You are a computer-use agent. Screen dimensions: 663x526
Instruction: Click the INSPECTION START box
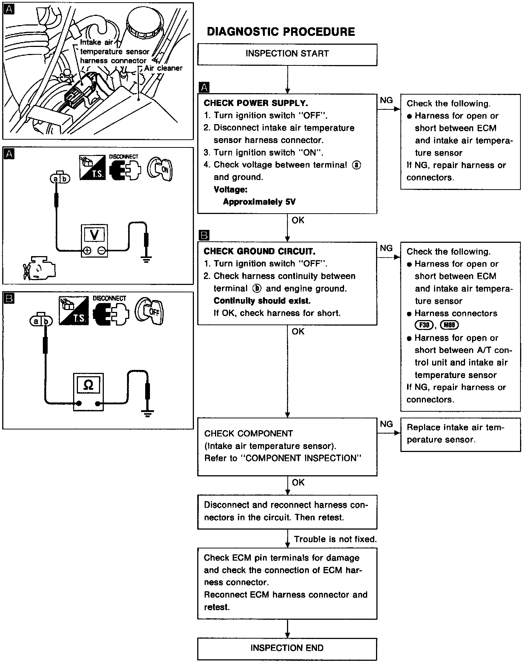(x=287, y=54)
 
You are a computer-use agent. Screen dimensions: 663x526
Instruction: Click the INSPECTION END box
(x=287, y=648)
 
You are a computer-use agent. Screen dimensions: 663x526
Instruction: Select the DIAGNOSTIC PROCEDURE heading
(x=281, y=32)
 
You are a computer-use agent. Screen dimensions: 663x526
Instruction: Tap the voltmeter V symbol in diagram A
(x=94, y=234)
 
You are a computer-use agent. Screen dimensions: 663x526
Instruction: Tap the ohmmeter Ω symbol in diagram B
(x=88, y=385)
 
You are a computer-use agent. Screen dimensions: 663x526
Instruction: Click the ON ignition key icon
(x=160, y=170)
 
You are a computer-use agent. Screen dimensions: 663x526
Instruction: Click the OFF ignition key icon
(x=149, y=311)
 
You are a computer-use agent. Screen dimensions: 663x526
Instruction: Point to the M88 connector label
(x=449, y=325)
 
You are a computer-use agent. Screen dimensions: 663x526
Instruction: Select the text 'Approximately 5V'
(x=259, y=202)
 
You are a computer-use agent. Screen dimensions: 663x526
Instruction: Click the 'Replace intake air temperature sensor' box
(x=460, y=434)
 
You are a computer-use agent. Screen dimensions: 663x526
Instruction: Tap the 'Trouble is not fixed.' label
(x=335, y=539)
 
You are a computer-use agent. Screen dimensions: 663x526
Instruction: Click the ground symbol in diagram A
(x=147, y=258)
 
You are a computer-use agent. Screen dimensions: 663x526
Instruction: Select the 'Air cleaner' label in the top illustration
(x=163, y=68)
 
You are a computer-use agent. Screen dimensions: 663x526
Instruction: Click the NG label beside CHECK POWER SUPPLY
(x=386, y=100)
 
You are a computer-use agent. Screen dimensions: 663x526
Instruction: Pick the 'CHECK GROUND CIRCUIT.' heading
(x=259, y=252)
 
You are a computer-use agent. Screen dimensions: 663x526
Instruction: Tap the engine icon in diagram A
(x=38, y=267)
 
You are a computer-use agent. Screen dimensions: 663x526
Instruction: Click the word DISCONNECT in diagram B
(x=109, y=298)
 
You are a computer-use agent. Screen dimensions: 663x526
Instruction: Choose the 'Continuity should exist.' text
(x=262, y=300)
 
